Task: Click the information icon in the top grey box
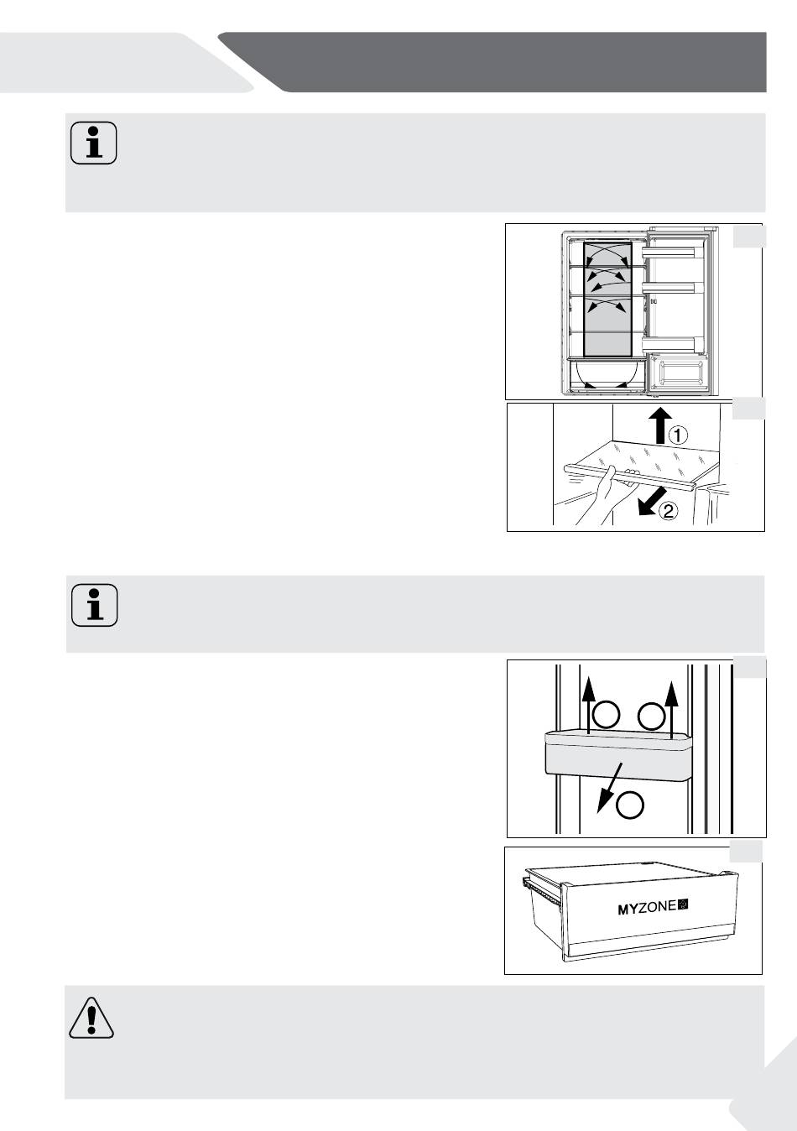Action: tap(93, 143)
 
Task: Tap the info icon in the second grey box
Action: tap(95, 605)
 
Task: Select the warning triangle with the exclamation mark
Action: tap(91, 1018)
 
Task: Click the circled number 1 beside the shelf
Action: tap(678, 435)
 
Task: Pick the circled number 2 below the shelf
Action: tap(667, 512)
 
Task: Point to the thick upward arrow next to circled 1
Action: tap(660, 425)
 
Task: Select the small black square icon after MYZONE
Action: tap(683, 905)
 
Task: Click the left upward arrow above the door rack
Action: tap(587, 706)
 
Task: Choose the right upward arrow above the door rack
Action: tap(671, 709)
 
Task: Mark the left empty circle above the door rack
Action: tap(606, 715)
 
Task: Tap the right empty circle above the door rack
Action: tap(651, 716)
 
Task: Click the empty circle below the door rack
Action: tap(630, 805)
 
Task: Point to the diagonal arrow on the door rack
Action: tap(610, 788)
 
